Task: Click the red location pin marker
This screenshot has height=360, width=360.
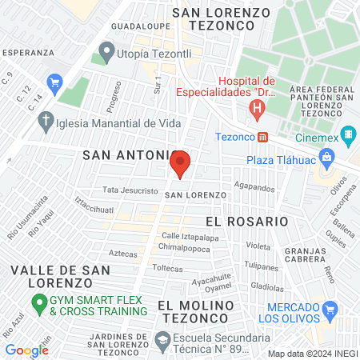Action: (x=180, y=164)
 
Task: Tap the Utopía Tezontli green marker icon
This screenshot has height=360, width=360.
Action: (x=105, y=54)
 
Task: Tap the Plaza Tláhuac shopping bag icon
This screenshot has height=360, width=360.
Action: (x=326, y=158)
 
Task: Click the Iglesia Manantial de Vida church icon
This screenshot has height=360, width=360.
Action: (x=46, y=122)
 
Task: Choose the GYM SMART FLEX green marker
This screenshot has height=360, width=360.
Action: (x=37, y=304)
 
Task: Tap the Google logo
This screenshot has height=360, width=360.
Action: (x=26, y=350)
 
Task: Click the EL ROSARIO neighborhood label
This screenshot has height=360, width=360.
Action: (x=246, y=220)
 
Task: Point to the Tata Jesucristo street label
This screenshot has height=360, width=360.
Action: (x=127, y=190)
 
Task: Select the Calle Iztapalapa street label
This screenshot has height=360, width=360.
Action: (x=190, y=236)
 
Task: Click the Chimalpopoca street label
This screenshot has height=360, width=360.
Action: (x=189, y=249)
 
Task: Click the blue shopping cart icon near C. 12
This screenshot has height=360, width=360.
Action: (x=54, y=82)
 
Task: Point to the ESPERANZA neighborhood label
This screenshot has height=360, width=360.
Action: (x=27, y=51)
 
